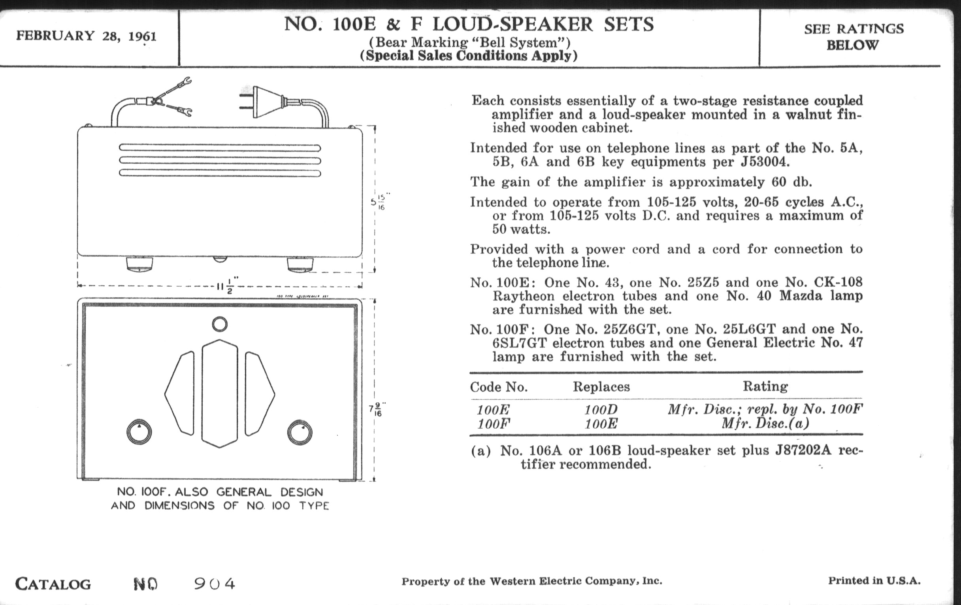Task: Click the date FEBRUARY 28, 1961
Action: click(x=86, y=36)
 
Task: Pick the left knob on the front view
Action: click(x=139, y=432)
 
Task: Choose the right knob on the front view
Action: click(x=300, y=432)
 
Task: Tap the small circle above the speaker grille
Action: click(x=220, y=324)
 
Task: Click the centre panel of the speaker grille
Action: click(x=220, y=393)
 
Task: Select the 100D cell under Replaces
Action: click(x=601, y=410)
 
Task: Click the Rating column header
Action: click(x=765, y=386)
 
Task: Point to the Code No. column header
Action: click(x=499, y=387)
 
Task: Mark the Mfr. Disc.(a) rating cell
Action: click(x=765, y=423)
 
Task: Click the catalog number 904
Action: click(x=215, y=584)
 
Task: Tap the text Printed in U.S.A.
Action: click(x=874, y=580)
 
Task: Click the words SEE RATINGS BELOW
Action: click(x=853, y=37)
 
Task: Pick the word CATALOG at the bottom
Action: click(x=53, y=584)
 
